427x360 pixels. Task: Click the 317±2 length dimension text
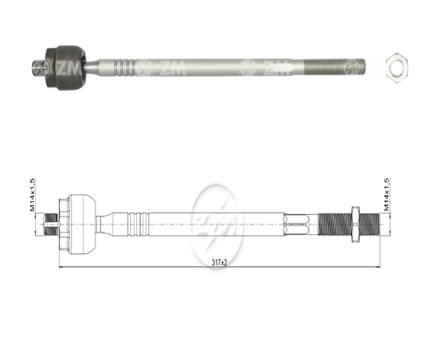(x=209, y=261)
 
